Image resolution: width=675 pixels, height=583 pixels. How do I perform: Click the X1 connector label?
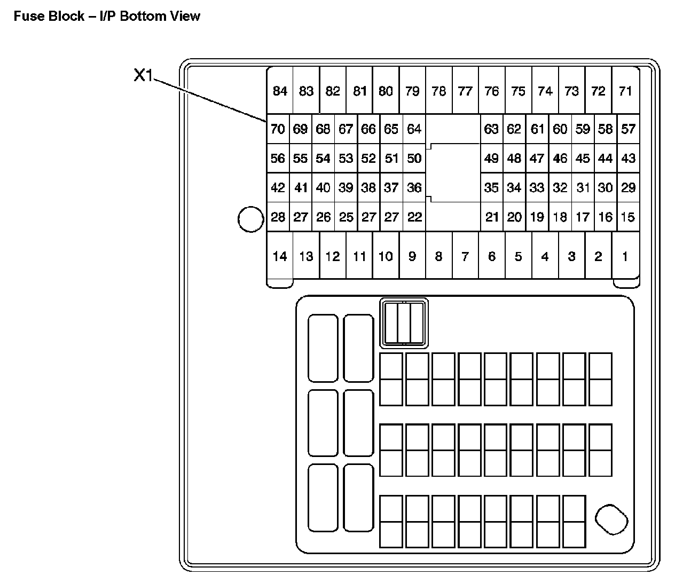click(143, 76)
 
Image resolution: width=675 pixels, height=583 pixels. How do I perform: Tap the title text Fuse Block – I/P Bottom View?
click(107, 16)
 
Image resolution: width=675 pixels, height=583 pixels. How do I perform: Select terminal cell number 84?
click(280, 91)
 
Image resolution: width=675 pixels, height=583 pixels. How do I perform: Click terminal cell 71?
click(625, 91)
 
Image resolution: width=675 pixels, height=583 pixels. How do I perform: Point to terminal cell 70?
click(278, 129)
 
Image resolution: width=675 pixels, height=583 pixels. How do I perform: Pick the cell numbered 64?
click(414, 129)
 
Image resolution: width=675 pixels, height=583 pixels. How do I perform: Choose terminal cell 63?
click(491, 129)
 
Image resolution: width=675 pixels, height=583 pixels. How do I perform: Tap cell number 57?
click(629, 129)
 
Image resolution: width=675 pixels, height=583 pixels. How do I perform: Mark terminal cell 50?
click(414, 158)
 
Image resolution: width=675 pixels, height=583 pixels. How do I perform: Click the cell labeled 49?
click(491, 158)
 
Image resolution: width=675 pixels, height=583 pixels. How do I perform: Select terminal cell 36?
click(414, 187)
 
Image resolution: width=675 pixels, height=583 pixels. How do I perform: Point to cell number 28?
click(278, 217)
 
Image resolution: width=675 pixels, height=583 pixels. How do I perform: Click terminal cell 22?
click(414, 217)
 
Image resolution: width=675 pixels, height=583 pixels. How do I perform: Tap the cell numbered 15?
click(629, 217)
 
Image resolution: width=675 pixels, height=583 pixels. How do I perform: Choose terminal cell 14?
click(280, 256)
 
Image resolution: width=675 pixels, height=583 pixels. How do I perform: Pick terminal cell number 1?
click(625, 256)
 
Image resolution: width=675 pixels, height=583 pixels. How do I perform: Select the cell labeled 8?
click(438, 256)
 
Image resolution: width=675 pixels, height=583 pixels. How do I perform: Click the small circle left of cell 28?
click(250, 219)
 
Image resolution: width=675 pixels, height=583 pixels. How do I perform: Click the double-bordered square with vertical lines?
click(404, 322)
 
